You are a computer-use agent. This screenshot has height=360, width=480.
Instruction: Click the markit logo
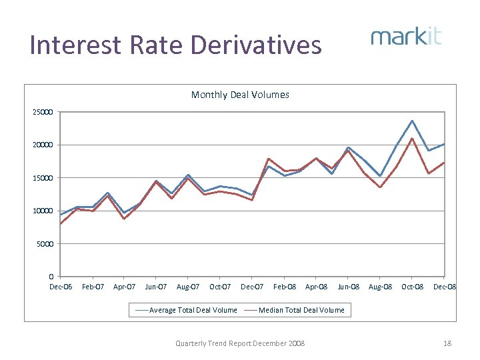[x=406, y=37]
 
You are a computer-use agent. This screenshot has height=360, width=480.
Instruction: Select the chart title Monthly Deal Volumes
[x=240, y=95]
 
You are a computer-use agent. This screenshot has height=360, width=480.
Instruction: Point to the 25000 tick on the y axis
[x=43, y=111]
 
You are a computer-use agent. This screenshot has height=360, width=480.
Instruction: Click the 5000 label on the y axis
[x=45, y=244]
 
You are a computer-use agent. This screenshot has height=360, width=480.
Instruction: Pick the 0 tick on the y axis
[x=52, y=277]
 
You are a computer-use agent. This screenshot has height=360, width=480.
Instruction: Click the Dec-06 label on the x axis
[x=61, y=287]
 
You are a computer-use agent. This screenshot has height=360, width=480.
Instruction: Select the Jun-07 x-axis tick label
[x=156, y=287]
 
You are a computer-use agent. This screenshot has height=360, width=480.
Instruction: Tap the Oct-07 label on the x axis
[x=220, y=287]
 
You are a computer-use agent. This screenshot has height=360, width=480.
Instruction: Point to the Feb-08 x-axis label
[x=284, y=287]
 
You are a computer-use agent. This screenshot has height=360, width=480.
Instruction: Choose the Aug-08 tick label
[x=379, y=287]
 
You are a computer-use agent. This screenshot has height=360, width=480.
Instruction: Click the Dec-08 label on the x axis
[x=445, y=287]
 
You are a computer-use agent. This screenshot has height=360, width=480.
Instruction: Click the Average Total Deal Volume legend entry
[x=186, y=310]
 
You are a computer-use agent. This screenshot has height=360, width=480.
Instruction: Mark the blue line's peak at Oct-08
[x=412, y=121]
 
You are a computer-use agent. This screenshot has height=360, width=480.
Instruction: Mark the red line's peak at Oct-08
[x=412, y=139]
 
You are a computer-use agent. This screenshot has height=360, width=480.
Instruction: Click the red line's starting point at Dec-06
[x=61, y=224]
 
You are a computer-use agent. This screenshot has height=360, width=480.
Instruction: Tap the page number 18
[x=447, y=343]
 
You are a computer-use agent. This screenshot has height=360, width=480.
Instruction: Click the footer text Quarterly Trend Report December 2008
[x=240, y=343]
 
